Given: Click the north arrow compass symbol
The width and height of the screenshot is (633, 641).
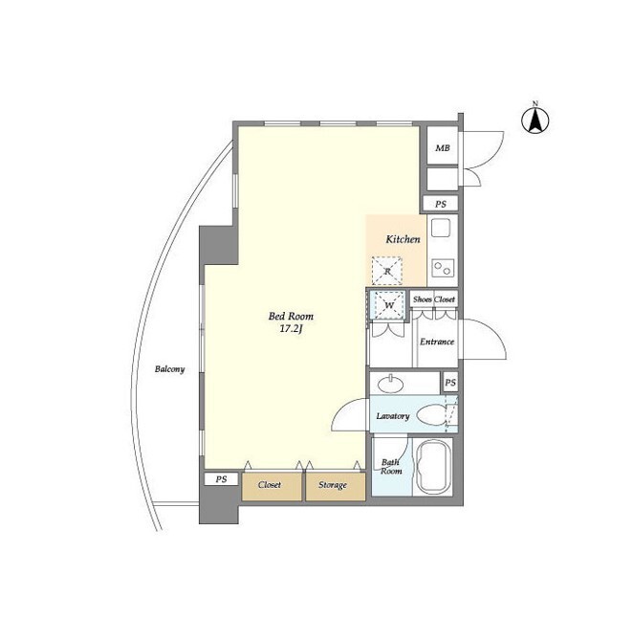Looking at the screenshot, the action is coord(535,120).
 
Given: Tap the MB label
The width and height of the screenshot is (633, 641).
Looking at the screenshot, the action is coord(442,148).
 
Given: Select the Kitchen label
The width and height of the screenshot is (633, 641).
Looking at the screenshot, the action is coord(403,239).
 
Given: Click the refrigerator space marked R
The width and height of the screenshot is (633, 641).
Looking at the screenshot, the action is coord(386,271).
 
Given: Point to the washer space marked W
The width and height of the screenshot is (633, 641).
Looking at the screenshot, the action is coord(388,305).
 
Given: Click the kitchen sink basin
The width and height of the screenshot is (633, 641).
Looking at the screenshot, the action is coord(441,228).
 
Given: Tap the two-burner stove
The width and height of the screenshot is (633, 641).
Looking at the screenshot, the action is coord(443,268).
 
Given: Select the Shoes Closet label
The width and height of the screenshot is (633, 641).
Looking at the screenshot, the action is coord(433,299).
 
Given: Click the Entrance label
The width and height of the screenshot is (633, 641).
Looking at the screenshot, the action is coord(437,342).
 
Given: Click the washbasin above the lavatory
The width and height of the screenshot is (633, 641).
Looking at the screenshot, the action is coord(391,384).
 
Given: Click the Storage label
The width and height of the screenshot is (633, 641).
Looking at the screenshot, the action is coord(333,485).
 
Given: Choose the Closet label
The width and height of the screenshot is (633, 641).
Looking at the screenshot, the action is coord(270,485).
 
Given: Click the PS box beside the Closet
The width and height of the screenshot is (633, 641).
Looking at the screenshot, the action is coord(221,479).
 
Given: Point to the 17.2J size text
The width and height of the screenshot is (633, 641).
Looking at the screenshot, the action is coord(291,329).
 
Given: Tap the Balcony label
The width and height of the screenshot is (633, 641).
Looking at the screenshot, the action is coord(169,369).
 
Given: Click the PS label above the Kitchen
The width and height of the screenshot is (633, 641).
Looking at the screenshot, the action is coord(441,204).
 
